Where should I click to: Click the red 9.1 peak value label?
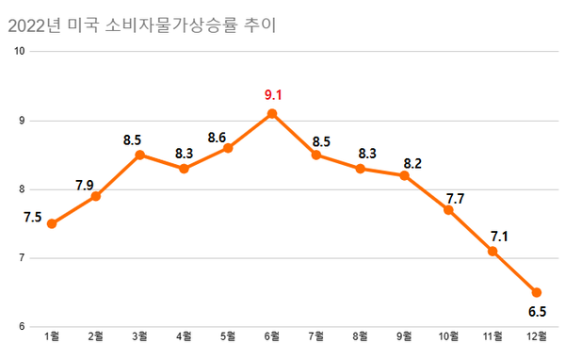click(272, 94)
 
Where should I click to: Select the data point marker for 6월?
click(272, 113)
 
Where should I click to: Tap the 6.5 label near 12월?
click(536, 312)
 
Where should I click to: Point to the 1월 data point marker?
click(52, 223)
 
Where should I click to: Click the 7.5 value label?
click(31, 218)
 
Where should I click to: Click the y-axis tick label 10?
click(19, 51)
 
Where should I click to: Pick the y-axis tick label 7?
click(22, 258)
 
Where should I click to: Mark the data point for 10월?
click(448, 210)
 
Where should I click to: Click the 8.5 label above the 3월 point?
click(133, 140)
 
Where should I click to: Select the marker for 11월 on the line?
click(492, 252)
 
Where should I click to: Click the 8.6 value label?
click(217, 138)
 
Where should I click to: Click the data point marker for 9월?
click(404, 175)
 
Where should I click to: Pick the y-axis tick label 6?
click(22, 327)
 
